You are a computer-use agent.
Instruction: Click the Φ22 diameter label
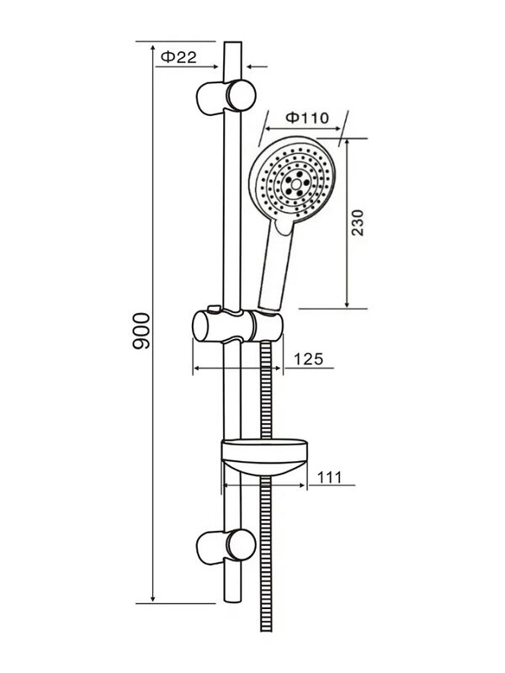click(x=178, y=56)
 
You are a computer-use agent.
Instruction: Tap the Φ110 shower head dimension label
click(x=307, y=117)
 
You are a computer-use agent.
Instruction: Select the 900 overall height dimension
click(x=141, y=331)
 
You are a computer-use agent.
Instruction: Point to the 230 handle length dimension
click(x=357, y=222)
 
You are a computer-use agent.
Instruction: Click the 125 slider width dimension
click(x=308, y=359)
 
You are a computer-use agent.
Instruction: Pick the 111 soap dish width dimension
click(x=329, y=477)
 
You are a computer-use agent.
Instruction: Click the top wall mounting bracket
click(x=226, y=98)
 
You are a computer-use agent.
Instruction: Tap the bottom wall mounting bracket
click(x=226, y=546)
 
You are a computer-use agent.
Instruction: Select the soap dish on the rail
click(x=264, y=457)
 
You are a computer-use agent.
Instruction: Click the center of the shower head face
click(x=295, y=184)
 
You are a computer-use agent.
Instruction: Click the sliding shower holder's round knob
click(x=201, y=326)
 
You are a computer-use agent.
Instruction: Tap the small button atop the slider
click(x=214, y=308)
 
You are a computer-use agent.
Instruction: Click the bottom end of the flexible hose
click(x=266, y=630)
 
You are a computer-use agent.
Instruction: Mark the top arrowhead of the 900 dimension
click(x=153, y=46)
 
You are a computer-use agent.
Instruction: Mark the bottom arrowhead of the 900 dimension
click(x=153, y=598)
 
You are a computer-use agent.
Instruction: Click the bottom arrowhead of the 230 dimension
click(x=347, y=304)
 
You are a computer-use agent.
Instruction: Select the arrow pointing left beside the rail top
click(x=258, y=66)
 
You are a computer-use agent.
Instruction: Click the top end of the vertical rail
click(x=233, y=42)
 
